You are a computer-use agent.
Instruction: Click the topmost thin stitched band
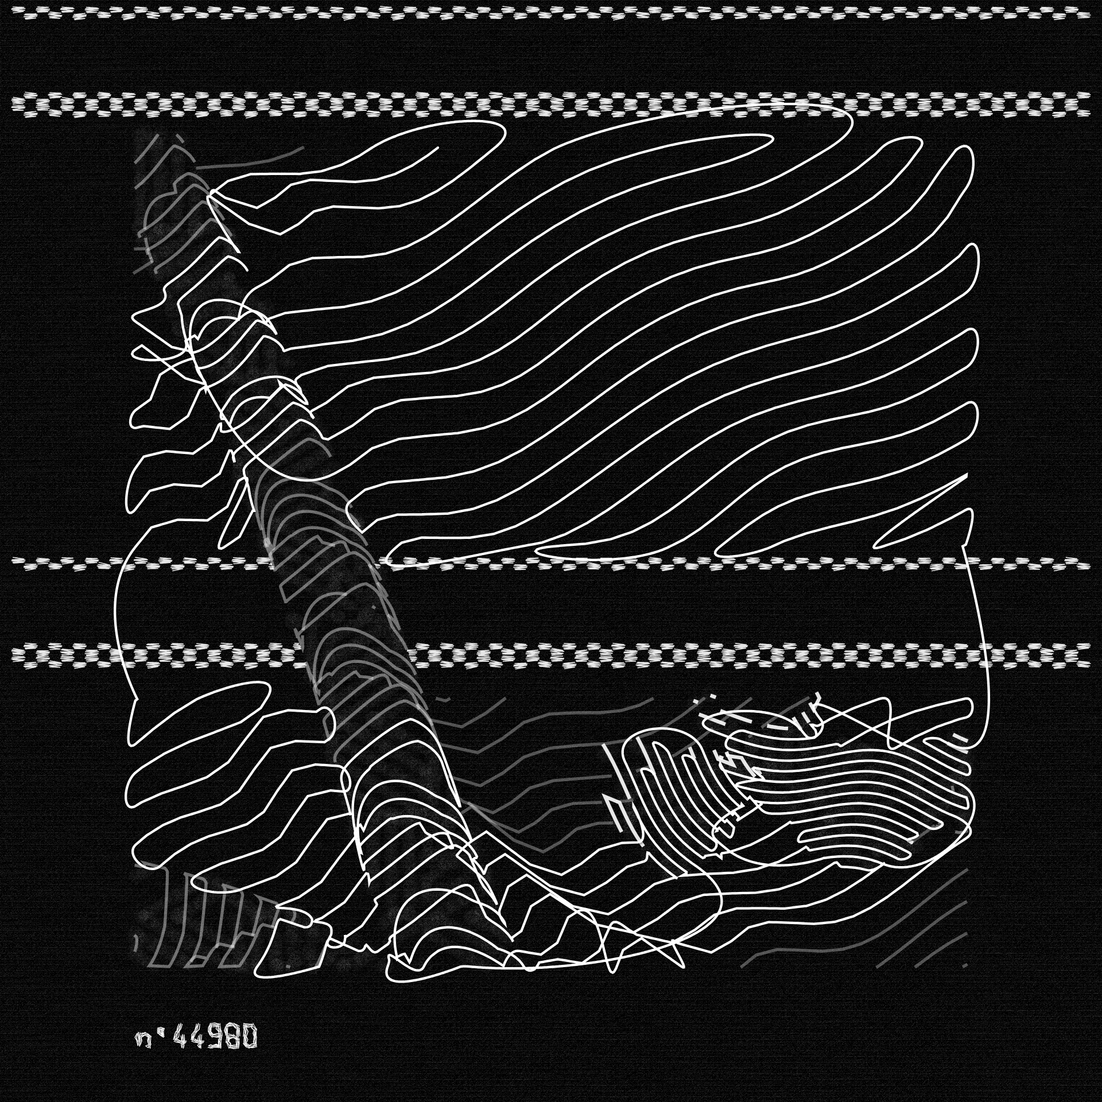551,12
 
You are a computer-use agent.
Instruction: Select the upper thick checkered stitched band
551,103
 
